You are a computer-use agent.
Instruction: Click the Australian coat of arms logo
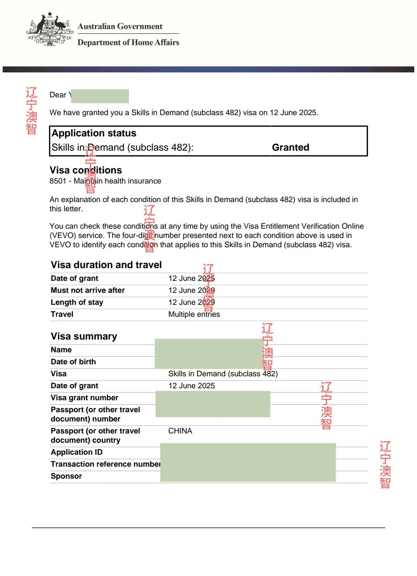(50, 29)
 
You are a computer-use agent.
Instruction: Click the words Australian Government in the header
(120, 26)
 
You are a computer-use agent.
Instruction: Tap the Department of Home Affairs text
(128, 42)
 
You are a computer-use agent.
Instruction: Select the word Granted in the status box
(290, 148)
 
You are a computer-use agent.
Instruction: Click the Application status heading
(94, 133)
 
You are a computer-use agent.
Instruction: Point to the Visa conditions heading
(86, 170)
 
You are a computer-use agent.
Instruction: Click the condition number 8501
(58, 181)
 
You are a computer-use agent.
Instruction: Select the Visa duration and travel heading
(106, 265)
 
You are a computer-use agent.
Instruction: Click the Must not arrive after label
(88, 291)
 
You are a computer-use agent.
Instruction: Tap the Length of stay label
(77, 302)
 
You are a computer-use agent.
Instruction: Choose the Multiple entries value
(194, 314)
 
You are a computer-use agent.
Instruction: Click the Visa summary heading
(84, 336)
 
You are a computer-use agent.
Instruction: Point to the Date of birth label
(73, 362)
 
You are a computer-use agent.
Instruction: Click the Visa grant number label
(85, 398)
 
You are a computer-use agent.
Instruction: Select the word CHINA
(180, 431)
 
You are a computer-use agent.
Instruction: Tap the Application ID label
(76, 452)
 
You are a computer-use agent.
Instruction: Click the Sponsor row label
(66, 476)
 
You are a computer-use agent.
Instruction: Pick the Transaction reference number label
(105, 464)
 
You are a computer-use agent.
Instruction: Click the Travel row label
(62, 314)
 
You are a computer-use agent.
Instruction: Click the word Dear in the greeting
(58, 95)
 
